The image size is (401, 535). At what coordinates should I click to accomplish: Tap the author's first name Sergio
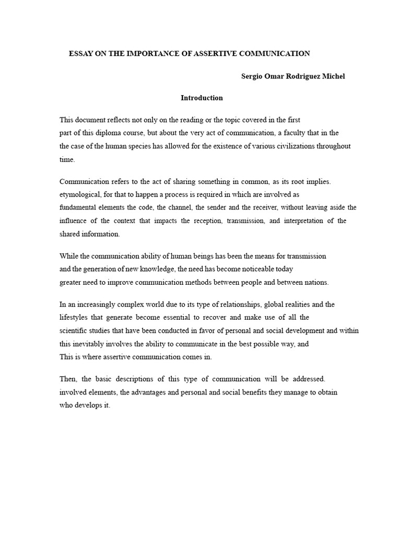pyautogui.click(x=253, y=76)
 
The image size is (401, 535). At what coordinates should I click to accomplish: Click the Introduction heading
pyautogui.click(x=202, y=98)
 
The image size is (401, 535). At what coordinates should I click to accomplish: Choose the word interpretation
pyautogui.click(x=297, y=220)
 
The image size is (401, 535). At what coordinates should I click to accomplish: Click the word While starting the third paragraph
pyautogui.click(x=69, y=256)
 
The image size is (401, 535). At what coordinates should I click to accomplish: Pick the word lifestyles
pyautogui.click(x=75, y=317)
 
